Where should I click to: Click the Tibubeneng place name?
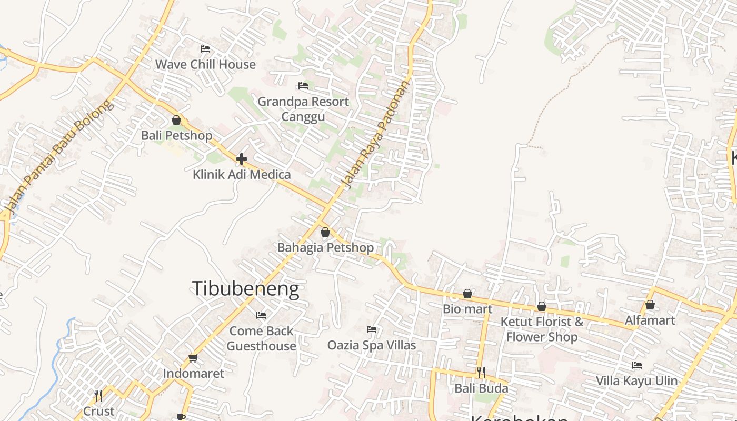(245, 289)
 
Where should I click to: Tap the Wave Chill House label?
(205, 64)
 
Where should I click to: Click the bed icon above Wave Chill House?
(205, 49)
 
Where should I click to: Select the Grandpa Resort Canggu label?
(303, 108)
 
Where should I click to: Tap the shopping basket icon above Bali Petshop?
(176, 120)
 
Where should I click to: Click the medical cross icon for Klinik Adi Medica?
(242, 158)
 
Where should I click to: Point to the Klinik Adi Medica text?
(242, 174)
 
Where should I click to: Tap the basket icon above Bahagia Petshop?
(325, 232)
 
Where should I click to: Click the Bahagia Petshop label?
(325, 247)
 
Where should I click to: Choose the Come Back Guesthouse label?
(261, 338)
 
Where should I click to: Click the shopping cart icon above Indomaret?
(193, 358)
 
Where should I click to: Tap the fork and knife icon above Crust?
(98, 395)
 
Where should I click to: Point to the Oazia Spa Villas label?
(372, 345)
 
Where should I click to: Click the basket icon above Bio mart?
(467, 294)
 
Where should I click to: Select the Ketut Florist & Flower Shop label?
(542, 329)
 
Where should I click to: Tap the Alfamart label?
(650, 320)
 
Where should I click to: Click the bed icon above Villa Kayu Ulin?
(637, 365)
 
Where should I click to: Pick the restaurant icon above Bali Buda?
(481, 373)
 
